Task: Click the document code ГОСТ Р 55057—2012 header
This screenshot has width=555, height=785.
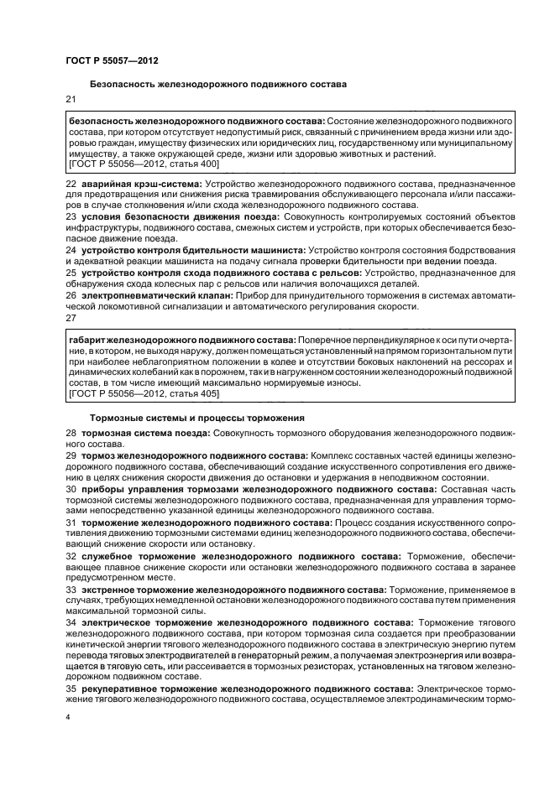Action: pyautogui.click(x=111, y=60)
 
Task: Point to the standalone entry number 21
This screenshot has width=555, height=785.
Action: pyautogui.click(x=71, y=101)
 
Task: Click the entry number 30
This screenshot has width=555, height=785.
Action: pyautogui.click(x=71, y=487)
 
